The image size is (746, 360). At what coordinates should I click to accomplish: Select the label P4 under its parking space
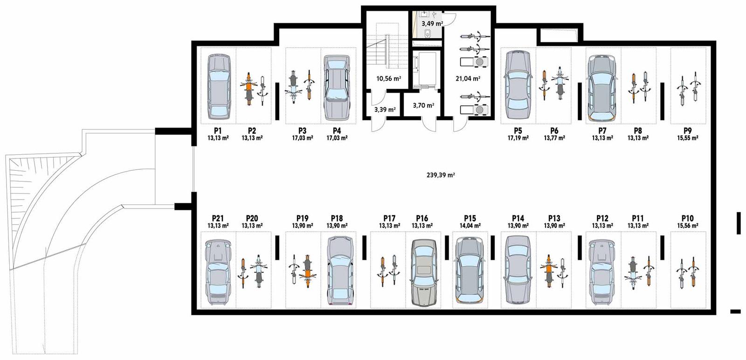(337, 131)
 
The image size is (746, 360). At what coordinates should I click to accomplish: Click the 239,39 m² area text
(441, 175)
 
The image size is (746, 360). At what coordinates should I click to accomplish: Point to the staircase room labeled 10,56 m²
(388, 78)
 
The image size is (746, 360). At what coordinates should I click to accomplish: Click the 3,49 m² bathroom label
(432, 23)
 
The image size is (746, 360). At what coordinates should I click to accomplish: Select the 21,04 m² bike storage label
(468, 78)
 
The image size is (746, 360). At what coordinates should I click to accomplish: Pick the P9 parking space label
(687, 131)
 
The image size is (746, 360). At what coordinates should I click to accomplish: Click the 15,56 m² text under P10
(687, 226)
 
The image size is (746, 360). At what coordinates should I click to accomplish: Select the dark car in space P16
(423, 273)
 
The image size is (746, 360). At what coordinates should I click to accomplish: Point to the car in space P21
(218, 272)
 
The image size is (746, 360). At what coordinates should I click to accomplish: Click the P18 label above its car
(337, 218)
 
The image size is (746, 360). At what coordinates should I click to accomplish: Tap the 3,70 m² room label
(423, 106)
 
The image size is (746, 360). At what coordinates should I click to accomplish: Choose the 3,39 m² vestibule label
(385, 110)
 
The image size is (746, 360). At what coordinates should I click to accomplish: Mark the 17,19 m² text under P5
(518, 138)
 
